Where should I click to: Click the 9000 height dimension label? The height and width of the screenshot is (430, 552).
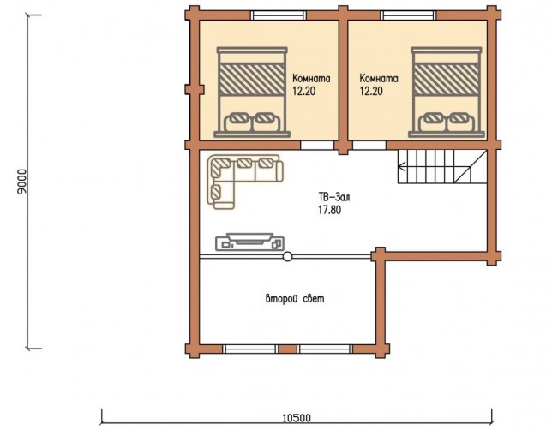21,182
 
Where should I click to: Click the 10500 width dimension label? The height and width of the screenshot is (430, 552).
297,418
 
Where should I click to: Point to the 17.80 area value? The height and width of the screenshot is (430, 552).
329,210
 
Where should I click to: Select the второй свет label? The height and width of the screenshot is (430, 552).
295,299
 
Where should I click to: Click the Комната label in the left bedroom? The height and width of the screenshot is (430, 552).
311,78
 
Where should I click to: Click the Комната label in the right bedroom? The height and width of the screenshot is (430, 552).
379,78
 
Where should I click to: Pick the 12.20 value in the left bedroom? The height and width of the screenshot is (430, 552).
303,91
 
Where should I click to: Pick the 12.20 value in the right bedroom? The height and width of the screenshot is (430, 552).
371,91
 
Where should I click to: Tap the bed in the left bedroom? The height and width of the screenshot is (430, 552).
252,93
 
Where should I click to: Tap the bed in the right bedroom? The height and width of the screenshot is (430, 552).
447,93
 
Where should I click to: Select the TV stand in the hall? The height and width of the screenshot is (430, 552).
249,242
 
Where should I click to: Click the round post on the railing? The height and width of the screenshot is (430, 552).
288,257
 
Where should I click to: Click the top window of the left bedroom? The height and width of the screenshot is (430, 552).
279,15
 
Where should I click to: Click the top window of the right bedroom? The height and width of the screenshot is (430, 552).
408,15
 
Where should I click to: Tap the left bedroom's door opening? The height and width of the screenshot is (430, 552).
317,146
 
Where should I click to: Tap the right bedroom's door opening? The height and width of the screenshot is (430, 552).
369,146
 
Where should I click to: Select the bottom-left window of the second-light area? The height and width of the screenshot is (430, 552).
250,349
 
